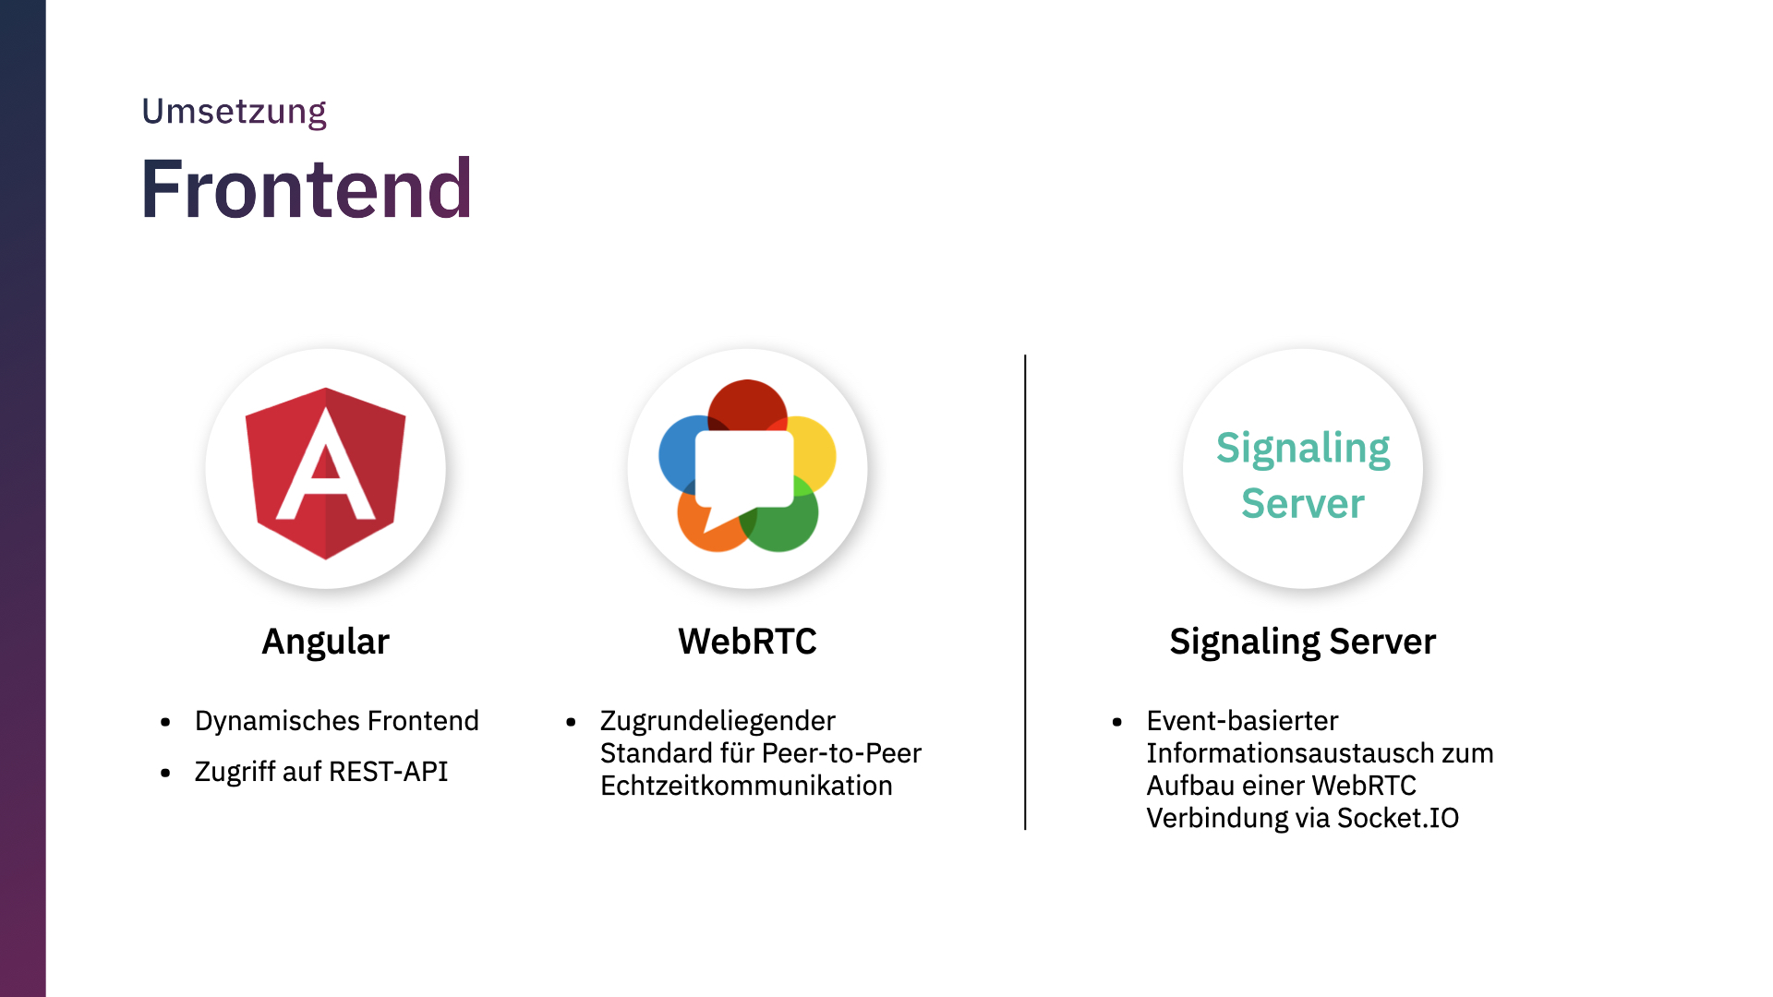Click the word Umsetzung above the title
pyautogui.click(x=234, y=113)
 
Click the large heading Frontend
pyautogui.click(x=307, y=189)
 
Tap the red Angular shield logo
pyautogui.click(x=325, y=473)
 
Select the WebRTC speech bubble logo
pyautogui.click(x=747, y=466)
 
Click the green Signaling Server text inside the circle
pyautogui.click(x=1303, y=475)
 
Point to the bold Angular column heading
pyautogui.click(x=326, y=642)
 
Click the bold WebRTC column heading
pyautogui.click(x=747, y=641)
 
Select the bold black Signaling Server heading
pyautogui.click(x=1303, y=642)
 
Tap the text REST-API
pyautogui.click(x=388, y=771)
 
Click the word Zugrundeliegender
pyautogui.click(x=718, y=721)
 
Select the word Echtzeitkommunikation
pyautogui.click(x=746, y=786)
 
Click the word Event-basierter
pyautogui.click(x=1242, y=721)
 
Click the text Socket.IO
pyautogui.click(x=1398, y=818)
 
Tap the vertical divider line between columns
pyautogui.click(x=1025, y=592)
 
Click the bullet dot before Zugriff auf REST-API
pyautogui.click(x=165, y=773)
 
